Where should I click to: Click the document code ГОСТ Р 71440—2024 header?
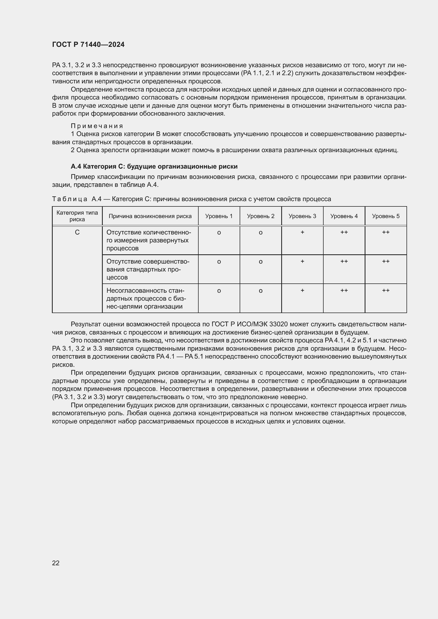pyautogui.click(x=88, y=45)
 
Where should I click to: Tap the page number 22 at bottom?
pyautogui.click(x=56, y=563)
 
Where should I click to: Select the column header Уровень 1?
pyautogui.click(x=219, y=216)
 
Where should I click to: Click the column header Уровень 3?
pyautogui.click(x=302, y=216)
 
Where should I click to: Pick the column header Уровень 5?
pyautogui.click(x=385, y=216)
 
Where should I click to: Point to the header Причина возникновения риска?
pyautogui.click(x=150, y=216)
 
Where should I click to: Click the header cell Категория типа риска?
pyautogui.click(x=77, y=216)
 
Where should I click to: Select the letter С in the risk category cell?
pyautogui.click(x=77, y=232)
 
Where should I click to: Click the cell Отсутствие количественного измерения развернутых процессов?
pyautogui.click(x=148, y=240)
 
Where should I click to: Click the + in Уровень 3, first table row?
pyautogui.click(x=302, y=232)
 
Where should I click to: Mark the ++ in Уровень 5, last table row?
pyautogui.click(x=386, y=290)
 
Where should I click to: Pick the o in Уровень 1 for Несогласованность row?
pyautogui.click(x=219, y=291)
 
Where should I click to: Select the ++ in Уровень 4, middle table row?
pyautogui.click(x=344, y=261)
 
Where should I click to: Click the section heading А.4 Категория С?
pyautogui.click(x=154, y=167)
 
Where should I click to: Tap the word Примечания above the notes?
pyautogui.click(x=97, y=126)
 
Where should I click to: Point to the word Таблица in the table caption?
pyautogui.click(x=70, y=199)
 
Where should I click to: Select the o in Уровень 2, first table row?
pyautogui.click(x=261, y=233)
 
